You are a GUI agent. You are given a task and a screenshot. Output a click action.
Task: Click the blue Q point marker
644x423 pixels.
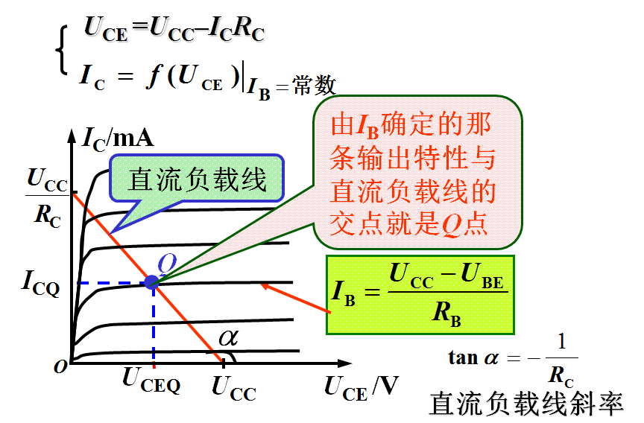(x=152, y=282)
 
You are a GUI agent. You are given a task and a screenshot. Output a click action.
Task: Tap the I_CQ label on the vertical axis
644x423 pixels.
(x=40, y=283)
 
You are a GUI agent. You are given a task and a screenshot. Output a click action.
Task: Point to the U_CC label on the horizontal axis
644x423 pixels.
(x=234, y=387)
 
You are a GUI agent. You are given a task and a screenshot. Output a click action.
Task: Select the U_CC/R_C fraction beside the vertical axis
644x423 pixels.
(x=45, y=197)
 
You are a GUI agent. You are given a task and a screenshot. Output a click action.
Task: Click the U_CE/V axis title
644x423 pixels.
(x=361, y=387)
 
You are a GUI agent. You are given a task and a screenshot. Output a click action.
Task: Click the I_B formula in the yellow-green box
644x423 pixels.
(x=421, y=295)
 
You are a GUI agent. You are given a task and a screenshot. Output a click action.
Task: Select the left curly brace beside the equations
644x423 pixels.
(x=62, y=52)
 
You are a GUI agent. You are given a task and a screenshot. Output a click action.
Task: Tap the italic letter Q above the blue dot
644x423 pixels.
(x=167, y=263)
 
